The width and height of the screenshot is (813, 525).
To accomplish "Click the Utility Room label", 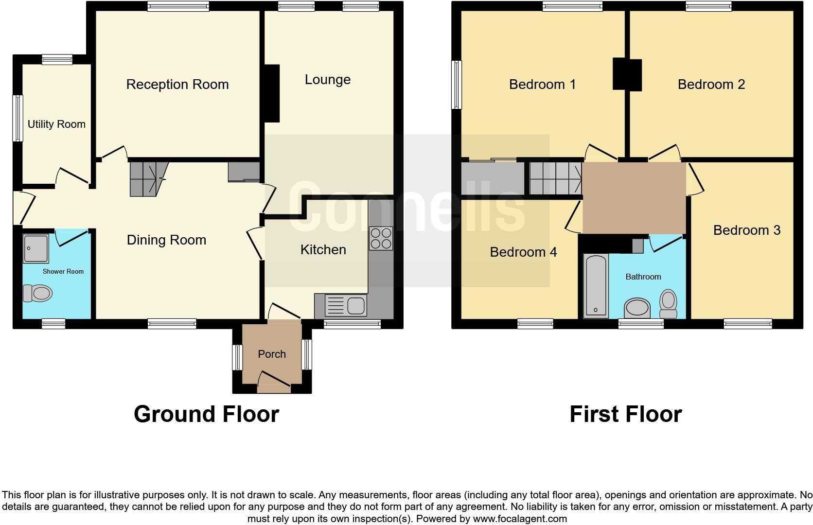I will [x=56, y=124].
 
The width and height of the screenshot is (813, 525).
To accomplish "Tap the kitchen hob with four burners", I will [x=381, y=238].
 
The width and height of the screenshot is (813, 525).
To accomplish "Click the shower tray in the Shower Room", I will [x=35, y=248].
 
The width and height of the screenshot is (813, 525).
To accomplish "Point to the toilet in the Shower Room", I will [x=38, y=293].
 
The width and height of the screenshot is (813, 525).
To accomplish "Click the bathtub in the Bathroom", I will [x=596, y=285].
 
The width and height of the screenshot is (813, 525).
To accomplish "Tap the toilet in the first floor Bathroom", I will [x=669, y=303].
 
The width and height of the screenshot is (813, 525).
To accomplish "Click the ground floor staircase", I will [x=146, y=178].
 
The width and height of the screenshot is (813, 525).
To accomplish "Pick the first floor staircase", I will [x=555, y=178].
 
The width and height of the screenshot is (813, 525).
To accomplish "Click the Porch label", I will [x=272, y=354].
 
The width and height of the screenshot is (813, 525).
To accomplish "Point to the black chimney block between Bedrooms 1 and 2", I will [x=627, y=74].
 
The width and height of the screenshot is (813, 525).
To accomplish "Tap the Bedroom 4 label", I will [x=523, y=252].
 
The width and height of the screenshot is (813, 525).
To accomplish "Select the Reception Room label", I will [x=177, y=85].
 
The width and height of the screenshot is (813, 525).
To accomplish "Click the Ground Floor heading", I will [x=206, y=414].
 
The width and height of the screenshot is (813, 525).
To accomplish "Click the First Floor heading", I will [x=625, y=414].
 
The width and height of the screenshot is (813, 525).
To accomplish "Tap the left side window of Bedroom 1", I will [x=457, y=85].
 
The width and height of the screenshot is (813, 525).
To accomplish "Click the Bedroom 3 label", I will [x=746, y=230].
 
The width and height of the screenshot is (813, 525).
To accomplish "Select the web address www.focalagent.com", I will [x=520, y=519].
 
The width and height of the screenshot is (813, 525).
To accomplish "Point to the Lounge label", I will [x=327, y=80].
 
